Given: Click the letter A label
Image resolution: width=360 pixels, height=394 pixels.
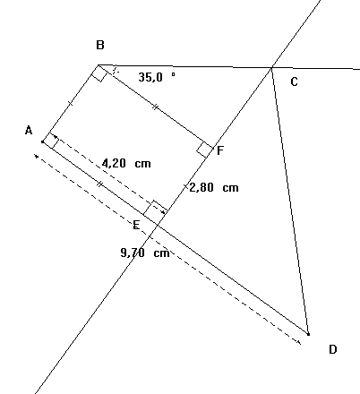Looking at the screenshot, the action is click(29, 131).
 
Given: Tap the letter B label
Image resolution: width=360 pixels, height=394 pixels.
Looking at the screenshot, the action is click(100, 45).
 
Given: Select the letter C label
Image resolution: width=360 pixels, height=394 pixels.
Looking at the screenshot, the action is click(293, 82).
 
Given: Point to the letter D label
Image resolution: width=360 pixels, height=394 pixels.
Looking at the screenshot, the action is click(332, 349).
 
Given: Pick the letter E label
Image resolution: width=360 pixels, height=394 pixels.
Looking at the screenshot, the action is click(136, 223).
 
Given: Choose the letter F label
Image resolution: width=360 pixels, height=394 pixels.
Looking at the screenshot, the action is click(219, 150).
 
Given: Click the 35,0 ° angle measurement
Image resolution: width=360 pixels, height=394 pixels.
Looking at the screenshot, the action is click(157, 78).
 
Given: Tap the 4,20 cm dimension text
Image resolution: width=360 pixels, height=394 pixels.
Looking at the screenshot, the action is click(125, 164).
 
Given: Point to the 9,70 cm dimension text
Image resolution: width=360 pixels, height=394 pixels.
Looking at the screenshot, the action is click(144, 253).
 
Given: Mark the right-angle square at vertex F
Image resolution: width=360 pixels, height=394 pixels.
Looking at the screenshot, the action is click(204, 149).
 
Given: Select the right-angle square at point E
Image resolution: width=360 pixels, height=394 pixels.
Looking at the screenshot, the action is click(155, 210).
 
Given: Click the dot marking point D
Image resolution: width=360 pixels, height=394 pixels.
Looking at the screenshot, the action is click(308, 334).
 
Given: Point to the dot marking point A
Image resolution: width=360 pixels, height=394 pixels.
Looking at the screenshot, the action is click(43, 141).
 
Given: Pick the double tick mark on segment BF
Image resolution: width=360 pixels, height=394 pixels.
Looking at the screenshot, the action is click(155, 107).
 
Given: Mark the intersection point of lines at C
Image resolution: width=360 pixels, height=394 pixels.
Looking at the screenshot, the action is click(271, 66).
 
